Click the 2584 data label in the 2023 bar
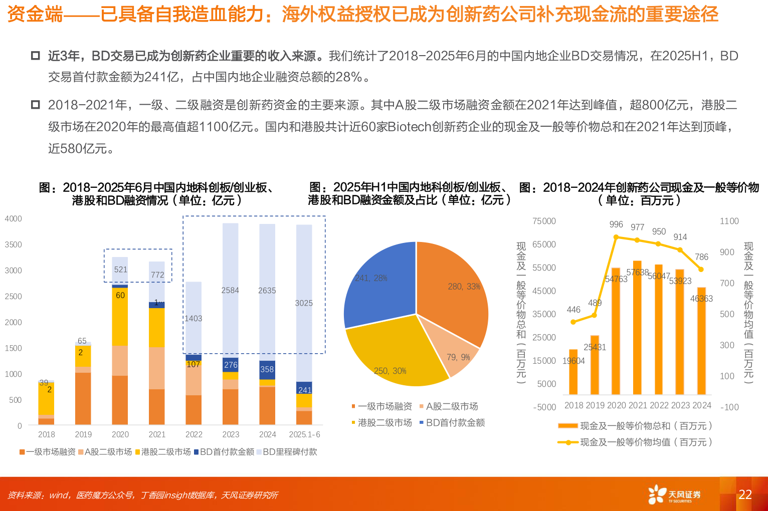230,291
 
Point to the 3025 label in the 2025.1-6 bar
304,303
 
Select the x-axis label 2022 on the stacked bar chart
194,434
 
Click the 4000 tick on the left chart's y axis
14,219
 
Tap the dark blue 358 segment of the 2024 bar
267,370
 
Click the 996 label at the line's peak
616,224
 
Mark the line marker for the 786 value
701,270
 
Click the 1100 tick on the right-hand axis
729,221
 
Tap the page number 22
745,495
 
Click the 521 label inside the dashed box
120,270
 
